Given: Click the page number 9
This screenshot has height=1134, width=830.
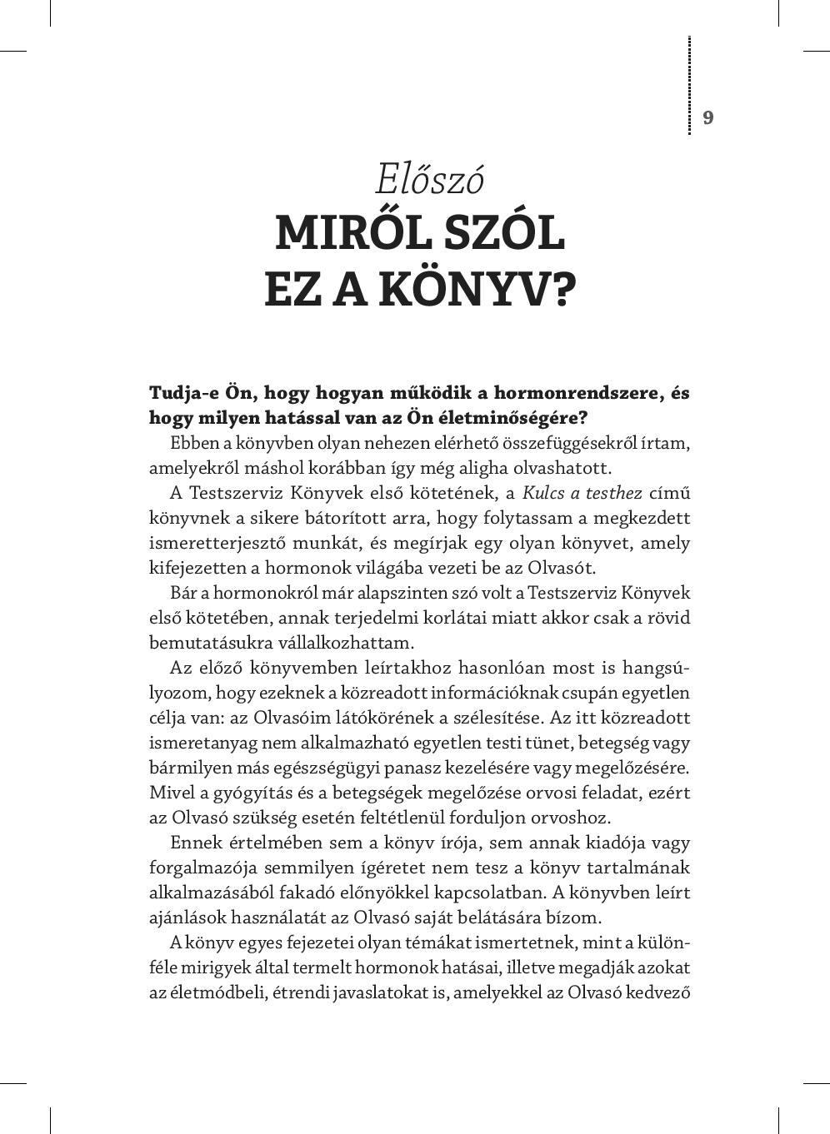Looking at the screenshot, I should (x=708, y=117).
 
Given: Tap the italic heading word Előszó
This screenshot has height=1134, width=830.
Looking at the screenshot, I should (x=429, y=179).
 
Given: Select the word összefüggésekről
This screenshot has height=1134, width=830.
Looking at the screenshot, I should (x=498, y=443).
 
